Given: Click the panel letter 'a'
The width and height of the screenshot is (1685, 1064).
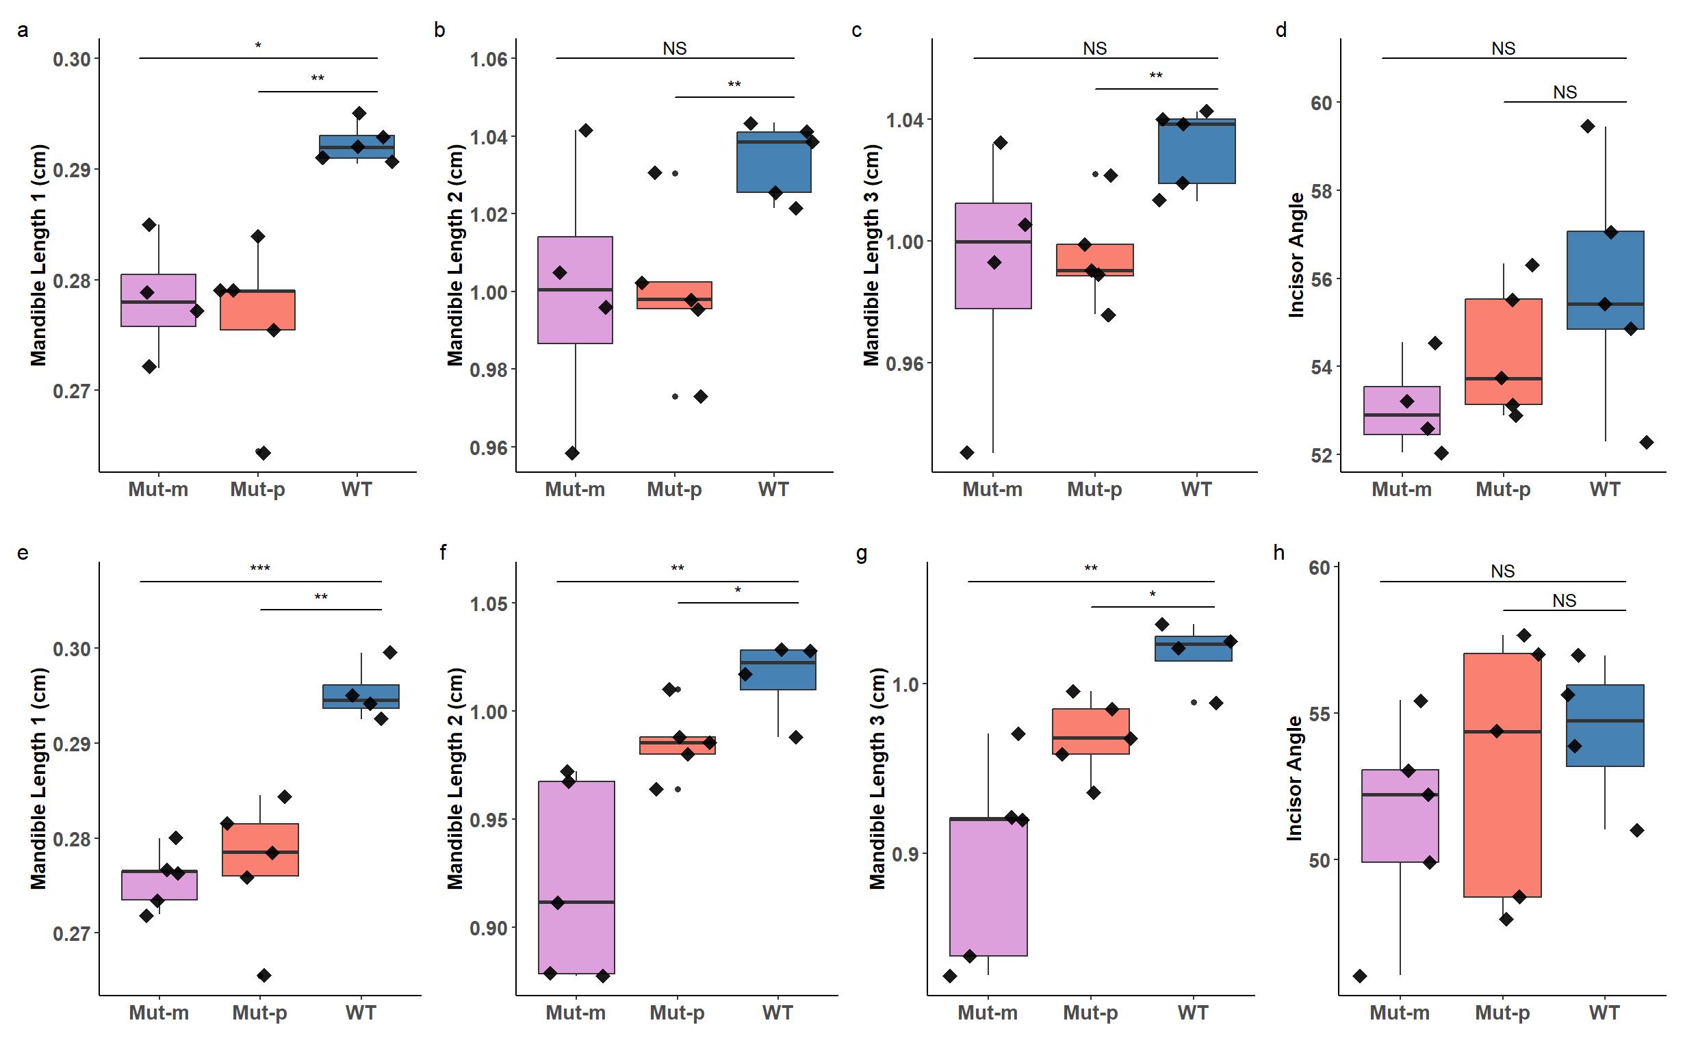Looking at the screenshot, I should click(23, 31).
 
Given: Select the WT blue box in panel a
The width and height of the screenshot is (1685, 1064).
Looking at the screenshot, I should click(357, 146).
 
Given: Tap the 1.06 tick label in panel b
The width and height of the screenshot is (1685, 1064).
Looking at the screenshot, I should click(489, 60).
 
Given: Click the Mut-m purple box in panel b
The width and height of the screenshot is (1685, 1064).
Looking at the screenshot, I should click(575, 289).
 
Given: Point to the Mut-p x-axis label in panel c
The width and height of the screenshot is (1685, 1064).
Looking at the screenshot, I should click(1094, 489).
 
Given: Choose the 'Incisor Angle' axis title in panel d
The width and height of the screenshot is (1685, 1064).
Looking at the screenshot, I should click(1296, 255).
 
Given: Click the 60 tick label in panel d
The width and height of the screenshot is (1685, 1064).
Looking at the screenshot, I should click(1321, 103).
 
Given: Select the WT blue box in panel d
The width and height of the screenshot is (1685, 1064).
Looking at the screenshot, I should click(1605, 280).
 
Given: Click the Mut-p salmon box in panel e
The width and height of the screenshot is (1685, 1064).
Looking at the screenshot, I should click(260, 849).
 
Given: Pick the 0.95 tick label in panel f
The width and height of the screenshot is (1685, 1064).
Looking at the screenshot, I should click(489, 820).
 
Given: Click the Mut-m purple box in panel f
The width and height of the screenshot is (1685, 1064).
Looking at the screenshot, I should click(576, 877).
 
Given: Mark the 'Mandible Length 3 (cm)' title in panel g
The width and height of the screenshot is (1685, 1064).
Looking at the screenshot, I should click(877, 778).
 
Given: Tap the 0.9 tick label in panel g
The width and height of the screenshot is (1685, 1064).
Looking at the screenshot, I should click(905, 854).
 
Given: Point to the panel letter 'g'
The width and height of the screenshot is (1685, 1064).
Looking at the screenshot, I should click(862, 554).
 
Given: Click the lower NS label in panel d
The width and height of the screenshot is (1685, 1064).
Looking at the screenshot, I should click(1565, 92).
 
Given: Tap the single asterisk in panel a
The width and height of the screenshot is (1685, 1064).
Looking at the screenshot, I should click(258, 46).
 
